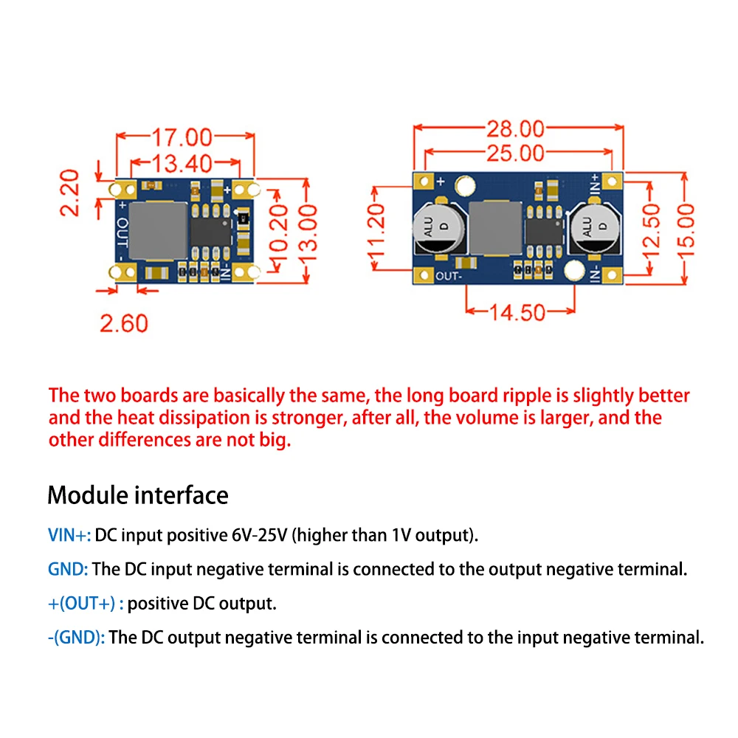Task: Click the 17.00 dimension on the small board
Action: point(182,138)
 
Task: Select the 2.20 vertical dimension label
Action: point(69,193)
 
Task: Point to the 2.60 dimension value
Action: point(124,323)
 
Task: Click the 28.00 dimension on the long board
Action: point(515,129)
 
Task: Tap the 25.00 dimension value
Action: point(515,154)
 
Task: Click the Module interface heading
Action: point(138,494)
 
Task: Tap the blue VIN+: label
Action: point(69,535)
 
